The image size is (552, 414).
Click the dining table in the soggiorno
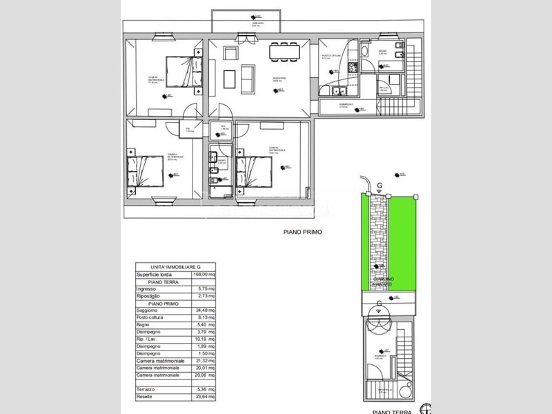(x=285, y=50)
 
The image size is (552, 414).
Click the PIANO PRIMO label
(x=302, y=233)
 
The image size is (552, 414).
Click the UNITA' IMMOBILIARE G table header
(x=175, y=267)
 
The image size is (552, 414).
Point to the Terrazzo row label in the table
(x=146, y=390)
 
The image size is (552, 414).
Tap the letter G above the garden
(x=379, y=186)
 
